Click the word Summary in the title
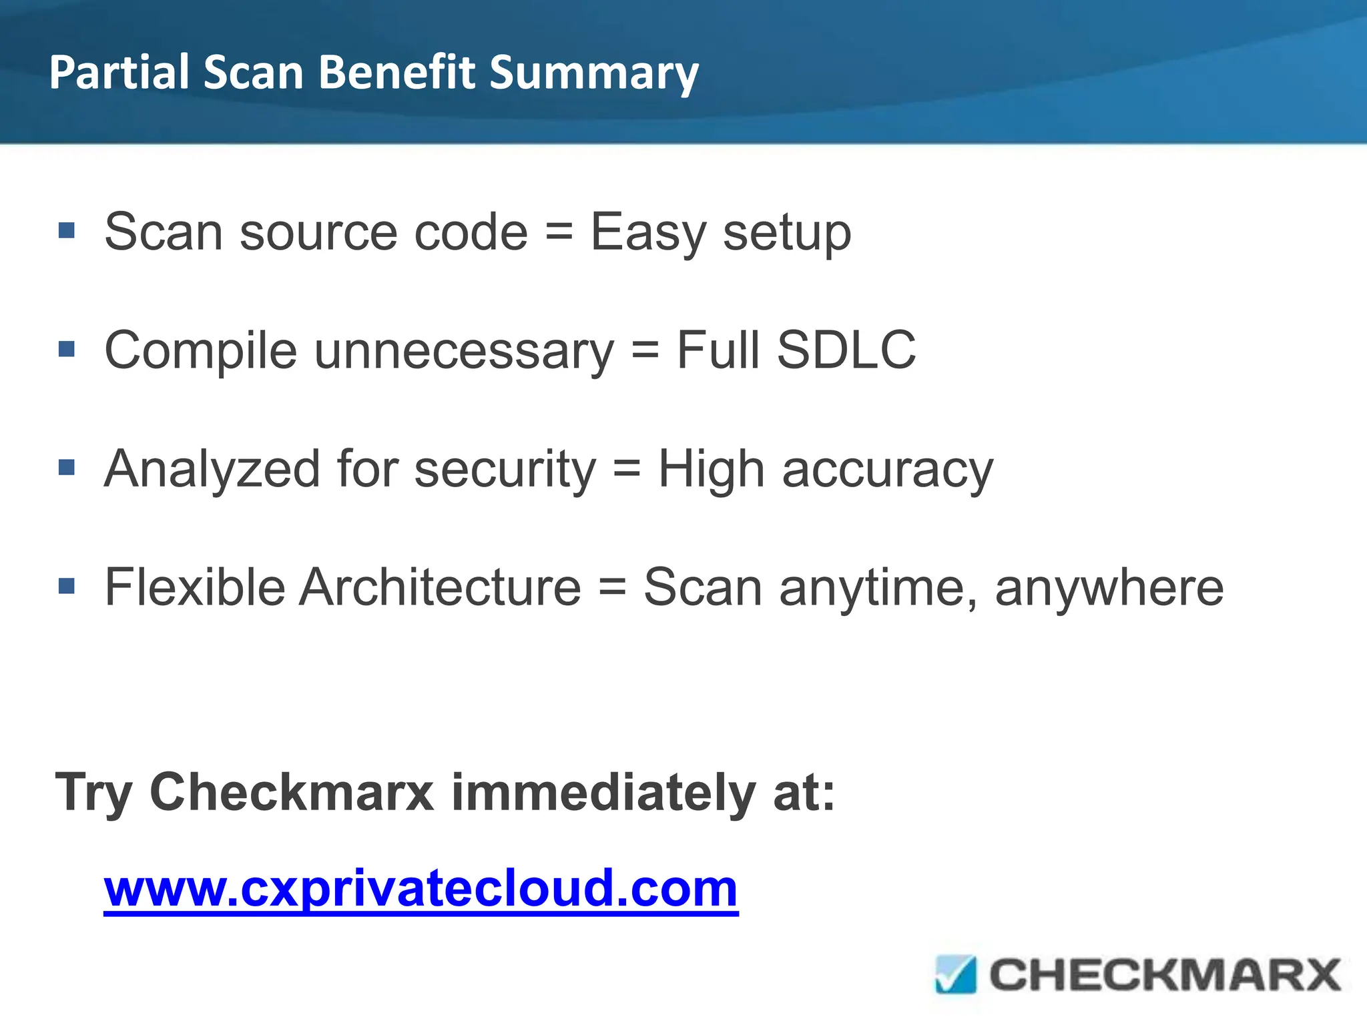[x=593, y=73]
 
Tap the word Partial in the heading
[x=119, y=71]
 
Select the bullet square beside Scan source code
[x=67, y=231]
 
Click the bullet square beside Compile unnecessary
[x=67, y=349]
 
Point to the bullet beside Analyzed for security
[x=67, y=467]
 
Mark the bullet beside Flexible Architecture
[x=67, y=586]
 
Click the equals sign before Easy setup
[x=559, y=232]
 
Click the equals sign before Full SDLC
[x=645, y=350]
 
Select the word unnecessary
[x=463, y=352]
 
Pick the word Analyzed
[x=212, y=470]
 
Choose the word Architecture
[x=441, y=587]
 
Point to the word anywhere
[x=1109, y=589]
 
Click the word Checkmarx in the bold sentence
[x=292, y=793]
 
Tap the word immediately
[x=603, y=793]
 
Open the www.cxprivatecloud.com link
[x=421, y=889]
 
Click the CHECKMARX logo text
[x=1165, y=975]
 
